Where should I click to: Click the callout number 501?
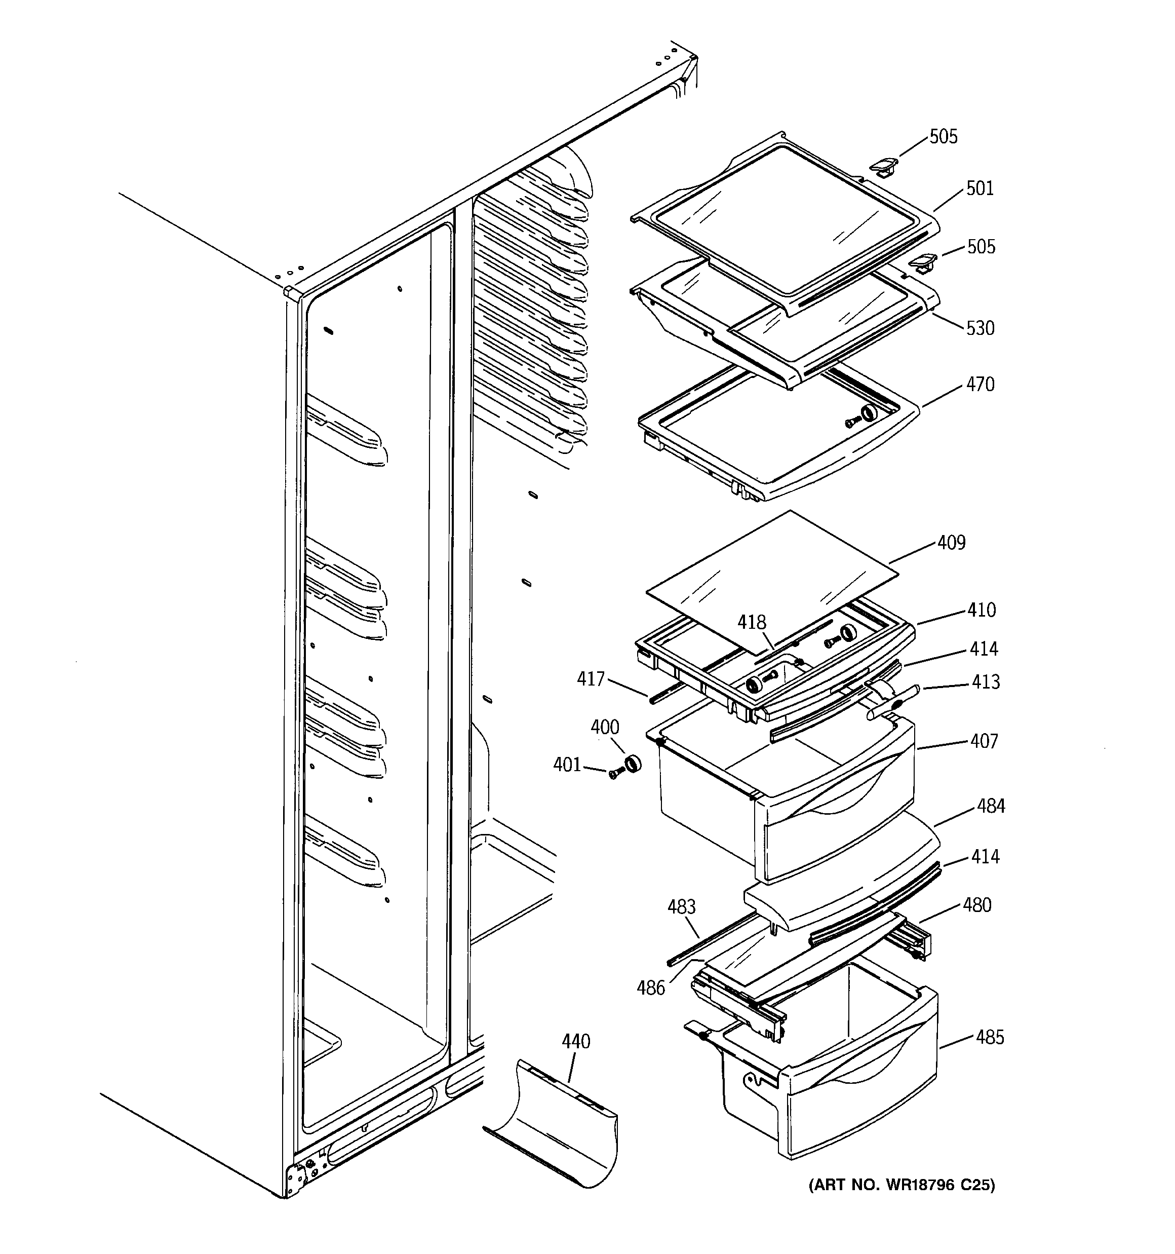click(980, 188)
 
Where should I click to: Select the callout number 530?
click(980, 328)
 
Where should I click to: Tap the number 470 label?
click(980, 384)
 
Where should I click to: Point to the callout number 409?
click(951, 543)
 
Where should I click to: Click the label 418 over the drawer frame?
click(752, 623)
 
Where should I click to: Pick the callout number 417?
click(591, 679)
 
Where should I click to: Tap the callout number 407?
click(984, 741)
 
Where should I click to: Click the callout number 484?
click(991, 806)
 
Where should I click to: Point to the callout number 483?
click(681, 906)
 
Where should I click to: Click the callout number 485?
click(989, 1037)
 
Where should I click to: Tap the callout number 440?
click(576, 1041)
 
